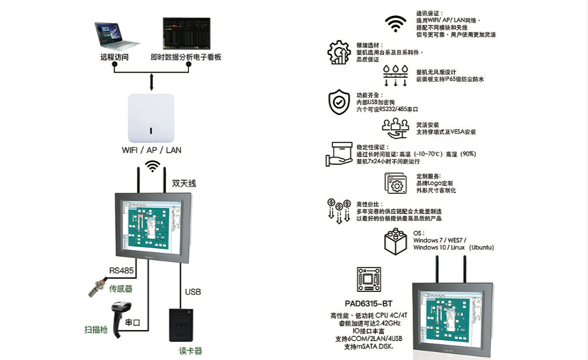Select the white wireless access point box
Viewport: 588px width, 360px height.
pyautogui.click(x=151, y=118)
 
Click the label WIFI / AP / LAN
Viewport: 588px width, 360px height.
pyautogui.click(x=152, y=150)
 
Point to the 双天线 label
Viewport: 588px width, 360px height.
pyautogui.click(x=184, y=183)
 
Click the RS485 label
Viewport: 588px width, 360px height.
pyautogui.click(x=122, y=270)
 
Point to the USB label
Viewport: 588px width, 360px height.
pyautogui.click(x=193, y=292)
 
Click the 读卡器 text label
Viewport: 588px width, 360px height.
pyautogui.click(x=191, y=351)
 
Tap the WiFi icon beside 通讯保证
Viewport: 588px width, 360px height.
pyautogui.click(x=396, y=24)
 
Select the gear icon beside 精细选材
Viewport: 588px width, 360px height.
pyautogui.click(x=339, y=52)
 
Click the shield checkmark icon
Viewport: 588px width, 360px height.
pyautogui.click(x=339, y=103)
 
